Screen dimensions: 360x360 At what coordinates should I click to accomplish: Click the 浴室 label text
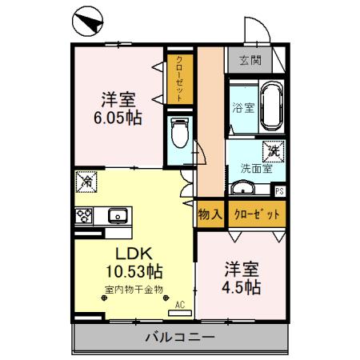pos(242,107)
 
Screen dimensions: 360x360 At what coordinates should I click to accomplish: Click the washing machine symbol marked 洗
pos(274,150)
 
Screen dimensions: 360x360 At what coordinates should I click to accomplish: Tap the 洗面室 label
pos(256,168)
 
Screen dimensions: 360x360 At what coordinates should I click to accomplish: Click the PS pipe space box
pos(279,190)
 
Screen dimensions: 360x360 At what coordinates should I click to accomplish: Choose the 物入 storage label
pos(209,214)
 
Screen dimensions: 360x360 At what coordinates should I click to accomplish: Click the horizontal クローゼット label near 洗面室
pos(257,214)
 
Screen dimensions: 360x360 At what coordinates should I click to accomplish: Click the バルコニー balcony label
pos(180,338)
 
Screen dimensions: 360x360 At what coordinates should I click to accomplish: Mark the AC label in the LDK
pos(179,304)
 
